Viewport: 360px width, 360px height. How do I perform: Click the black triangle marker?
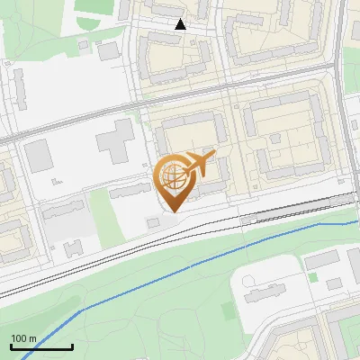tap(181, 24)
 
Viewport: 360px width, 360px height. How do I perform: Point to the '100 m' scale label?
tap(23, 338)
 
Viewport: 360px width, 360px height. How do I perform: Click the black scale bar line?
tap(41, 347)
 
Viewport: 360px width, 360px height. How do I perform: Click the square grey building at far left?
tap(39, 156)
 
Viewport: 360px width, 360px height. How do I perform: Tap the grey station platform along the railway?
tap(297, 210)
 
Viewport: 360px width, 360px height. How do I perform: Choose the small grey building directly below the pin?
tap(152, 221)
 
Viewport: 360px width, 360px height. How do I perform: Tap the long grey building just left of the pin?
tap(130, 189)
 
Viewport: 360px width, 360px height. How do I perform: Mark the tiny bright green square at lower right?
tap(313, 276)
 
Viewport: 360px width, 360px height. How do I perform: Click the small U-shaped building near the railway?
tap(73, 247)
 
